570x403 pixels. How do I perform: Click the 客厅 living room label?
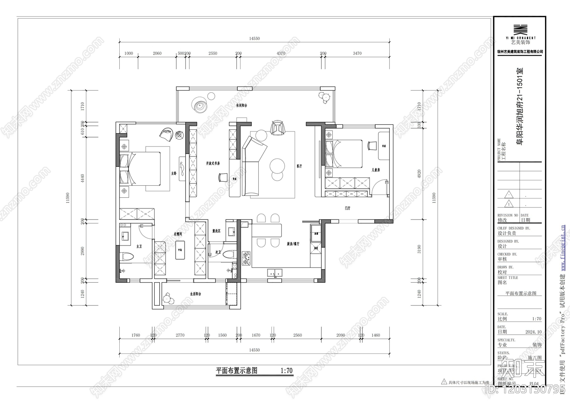click(299, 166)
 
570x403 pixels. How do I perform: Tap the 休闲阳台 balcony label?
click(242, 105)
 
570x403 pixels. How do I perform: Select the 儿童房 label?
click(375, 170)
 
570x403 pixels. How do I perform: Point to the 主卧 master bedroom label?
click(173, 174)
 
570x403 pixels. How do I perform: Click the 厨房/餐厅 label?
click(293, 244)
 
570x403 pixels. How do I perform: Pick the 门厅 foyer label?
click(347, 208)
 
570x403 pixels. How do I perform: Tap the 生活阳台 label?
click(196, 294)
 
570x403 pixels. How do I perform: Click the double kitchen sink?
click(275, 273)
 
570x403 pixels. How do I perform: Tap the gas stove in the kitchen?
click(246, 259)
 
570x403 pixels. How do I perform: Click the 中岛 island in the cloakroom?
click(180, 250)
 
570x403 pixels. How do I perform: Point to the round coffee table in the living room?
click(277, 165)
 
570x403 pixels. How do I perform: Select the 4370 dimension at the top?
click(281, 53)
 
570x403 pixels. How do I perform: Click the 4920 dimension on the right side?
click(419, 174)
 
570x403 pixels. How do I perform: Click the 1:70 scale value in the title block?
click(536, 319)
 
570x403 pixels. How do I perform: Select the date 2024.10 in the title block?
click(533, 332)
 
